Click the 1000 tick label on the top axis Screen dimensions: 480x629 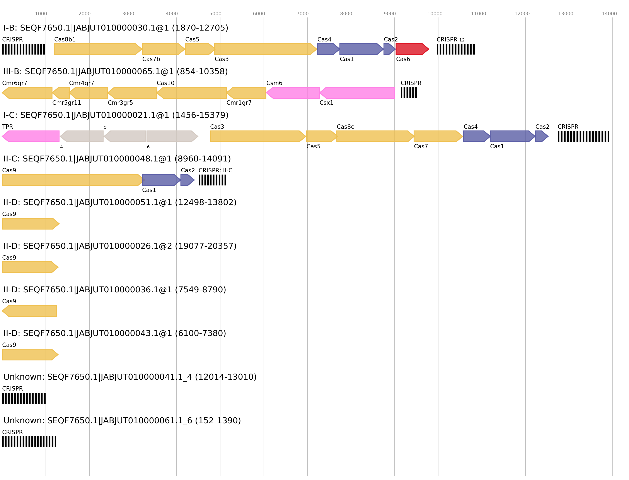coord(41,14)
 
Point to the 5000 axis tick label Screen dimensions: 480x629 coord(215,14)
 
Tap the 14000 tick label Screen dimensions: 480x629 coord(609,14)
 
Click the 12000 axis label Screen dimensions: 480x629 coord(522,14)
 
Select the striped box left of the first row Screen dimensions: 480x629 coord(23,49)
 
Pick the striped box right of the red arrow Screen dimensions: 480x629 coord(456,49)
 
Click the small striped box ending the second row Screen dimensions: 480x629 coord(409,93)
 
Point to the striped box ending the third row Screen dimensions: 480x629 coord(583,136)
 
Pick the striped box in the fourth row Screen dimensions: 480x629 coord(212,180)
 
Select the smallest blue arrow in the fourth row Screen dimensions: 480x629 coord(187,180)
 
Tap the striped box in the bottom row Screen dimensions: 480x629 coord(29,442)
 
